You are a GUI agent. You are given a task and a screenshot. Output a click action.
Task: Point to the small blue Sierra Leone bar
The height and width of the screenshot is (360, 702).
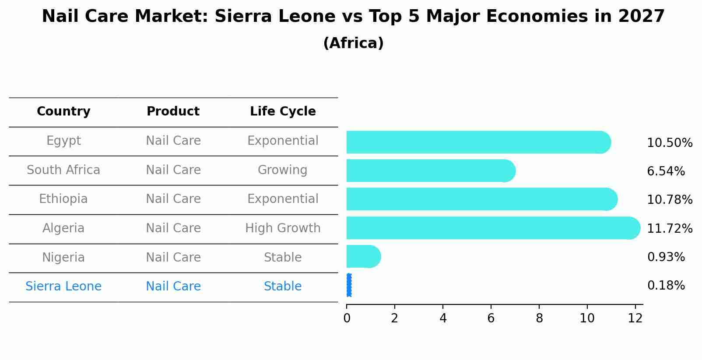349,285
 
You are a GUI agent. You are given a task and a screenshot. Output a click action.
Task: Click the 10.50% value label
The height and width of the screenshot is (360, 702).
669,143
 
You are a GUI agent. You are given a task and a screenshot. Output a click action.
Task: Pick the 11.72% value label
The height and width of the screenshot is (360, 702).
669,229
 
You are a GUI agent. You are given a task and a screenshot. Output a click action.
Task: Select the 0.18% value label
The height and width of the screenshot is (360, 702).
666,286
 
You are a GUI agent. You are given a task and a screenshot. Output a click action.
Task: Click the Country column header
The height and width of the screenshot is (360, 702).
63,112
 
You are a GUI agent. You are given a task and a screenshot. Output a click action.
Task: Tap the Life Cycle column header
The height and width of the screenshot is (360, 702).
283,112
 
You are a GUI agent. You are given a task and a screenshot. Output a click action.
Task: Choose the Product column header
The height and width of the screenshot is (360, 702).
173,112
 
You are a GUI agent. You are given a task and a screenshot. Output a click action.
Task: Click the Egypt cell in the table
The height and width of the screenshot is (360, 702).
63,141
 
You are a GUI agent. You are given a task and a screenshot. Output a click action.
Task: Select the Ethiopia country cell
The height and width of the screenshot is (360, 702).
63,199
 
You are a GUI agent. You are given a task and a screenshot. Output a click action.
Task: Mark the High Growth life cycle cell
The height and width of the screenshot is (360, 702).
283,228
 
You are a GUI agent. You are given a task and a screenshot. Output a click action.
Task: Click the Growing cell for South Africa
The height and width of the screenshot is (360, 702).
283,170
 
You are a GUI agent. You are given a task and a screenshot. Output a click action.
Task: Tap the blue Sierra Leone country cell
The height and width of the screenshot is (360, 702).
63,287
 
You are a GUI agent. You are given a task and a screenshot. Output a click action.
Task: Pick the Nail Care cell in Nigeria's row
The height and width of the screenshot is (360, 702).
173,257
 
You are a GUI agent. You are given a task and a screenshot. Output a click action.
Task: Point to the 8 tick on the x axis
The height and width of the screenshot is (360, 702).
539,318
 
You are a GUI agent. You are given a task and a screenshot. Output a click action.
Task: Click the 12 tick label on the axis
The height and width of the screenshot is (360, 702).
635,318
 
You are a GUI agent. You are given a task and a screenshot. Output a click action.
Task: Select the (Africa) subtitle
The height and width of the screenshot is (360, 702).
353,43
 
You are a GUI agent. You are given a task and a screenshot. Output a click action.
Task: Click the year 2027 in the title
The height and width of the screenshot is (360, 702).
641,17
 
